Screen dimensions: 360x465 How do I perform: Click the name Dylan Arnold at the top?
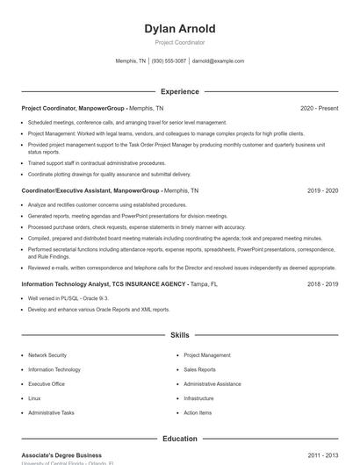[x=179, y=29]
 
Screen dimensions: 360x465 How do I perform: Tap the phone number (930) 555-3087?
[x=169, y=61]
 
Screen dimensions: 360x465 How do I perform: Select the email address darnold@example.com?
[x=218, y=61]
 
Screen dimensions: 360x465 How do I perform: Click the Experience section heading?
[x=179, y=91]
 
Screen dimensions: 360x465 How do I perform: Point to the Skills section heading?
[x=179, y=335]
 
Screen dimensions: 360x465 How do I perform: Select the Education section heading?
[x=179, y=439]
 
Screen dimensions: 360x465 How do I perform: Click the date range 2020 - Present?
[x=319, y=108]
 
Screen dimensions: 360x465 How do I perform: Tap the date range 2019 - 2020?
[x=322, y=190]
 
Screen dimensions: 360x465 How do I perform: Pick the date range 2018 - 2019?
[x=322, y=284]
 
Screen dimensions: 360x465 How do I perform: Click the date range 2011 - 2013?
[x=322, y=455]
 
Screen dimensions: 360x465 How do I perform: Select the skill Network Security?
[x=47, y=355]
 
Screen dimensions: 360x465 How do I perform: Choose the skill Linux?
[x=34, y=398]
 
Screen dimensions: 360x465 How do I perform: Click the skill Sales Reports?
[x=199, y=369]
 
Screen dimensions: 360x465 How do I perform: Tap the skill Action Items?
[x=198, y=412]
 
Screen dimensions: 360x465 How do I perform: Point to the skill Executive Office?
[x=47, y=383]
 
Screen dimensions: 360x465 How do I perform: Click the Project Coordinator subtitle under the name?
[x=179, y=42]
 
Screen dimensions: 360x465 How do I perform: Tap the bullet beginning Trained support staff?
[x=97, y=162]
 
